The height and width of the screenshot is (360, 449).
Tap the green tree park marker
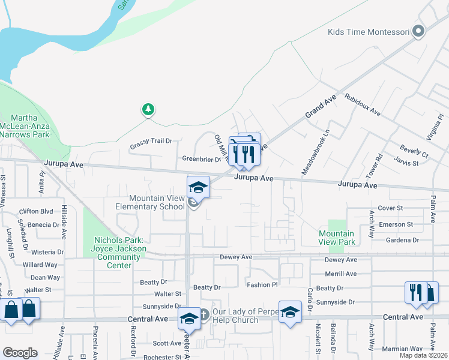148,109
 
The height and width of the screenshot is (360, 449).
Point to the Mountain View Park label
336,238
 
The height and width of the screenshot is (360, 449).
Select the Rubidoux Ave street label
362,104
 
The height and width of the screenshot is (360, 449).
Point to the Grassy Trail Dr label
151,142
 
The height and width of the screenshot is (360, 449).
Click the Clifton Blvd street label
37,211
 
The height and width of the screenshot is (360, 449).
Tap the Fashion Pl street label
262,284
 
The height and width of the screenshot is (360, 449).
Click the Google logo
20,353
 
